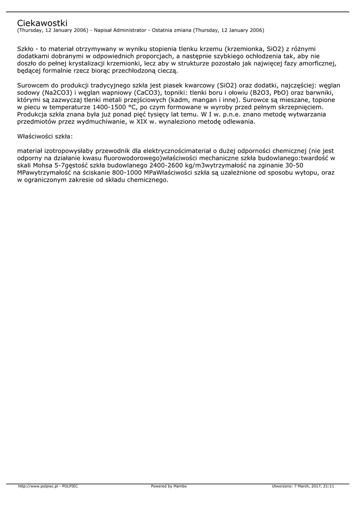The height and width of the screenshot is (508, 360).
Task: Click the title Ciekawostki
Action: point(42,23)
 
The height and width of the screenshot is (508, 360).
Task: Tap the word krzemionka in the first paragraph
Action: point(245,49)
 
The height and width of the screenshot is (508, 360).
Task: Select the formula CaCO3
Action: point(148,93)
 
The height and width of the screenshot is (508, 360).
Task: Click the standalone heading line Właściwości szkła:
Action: point(45,136)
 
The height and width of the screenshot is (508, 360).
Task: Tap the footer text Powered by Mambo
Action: point(169,486)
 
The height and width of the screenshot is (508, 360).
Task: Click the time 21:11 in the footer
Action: point(329,486)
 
